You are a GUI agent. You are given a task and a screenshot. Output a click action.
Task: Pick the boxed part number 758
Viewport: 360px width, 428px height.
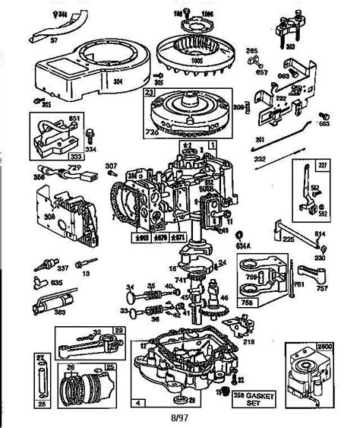pyautogui.click(x=245, y=302)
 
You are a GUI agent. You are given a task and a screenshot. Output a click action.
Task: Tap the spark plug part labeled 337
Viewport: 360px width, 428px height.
pyautogui.click(x=43, y=267)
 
